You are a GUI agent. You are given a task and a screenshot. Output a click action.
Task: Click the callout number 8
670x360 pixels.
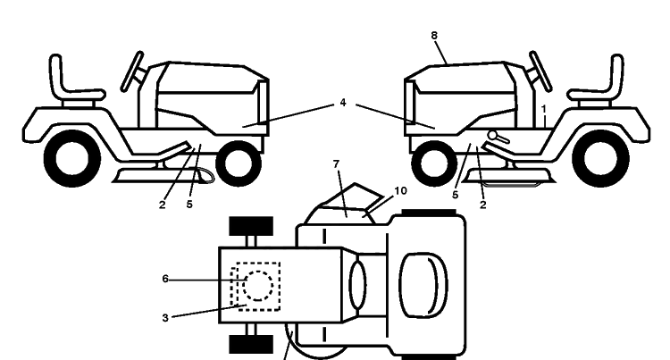[x=434, y=36]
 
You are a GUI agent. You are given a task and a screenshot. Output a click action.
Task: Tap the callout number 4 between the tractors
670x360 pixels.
[x=343, y=103]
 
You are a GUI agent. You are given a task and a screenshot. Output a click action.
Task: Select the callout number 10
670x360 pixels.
[x=400, y=191]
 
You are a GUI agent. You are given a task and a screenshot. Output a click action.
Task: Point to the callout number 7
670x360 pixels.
[x=336, y=164]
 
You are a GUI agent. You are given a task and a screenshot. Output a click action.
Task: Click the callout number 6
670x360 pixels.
[x=165, y=280]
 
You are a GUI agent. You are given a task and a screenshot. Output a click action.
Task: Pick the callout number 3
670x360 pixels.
[x=165, y=318]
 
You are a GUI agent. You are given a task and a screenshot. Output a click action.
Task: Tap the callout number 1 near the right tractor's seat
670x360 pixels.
[x=543, y=109]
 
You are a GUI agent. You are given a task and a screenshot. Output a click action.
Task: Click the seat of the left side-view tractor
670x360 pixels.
[x=72, y=81]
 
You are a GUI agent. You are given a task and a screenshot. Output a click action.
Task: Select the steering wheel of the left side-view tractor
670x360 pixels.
[x=132, y=71]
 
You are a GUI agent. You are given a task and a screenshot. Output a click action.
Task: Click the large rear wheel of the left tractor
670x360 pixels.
[x=72, y=158]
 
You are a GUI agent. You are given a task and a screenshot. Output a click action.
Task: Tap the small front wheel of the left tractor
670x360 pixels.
[x=239, y=163]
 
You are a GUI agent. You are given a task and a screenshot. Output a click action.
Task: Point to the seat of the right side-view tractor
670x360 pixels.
[x=598, y=81]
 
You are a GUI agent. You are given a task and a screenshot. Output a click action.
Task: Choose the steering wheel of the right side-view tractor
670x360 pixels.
[x=540, y=71]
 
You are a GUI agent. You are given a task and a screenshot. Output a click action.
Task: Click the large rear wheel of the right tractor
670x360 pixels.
[x=601, y=158]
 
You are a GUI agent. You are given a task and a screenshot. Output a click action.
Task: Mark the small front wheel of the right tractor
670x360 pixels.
[x=433, y=163]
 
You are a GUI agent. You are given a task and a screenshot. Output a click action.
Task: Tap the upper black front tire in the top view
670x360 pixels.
[x=251, y=226]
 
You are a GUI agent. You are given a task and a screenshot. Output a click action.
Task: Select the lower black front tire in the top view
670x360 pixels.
[x=251, y=344]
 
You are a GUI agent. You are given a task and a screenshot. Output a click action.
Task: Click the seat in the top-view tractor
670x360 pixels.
[x=423, y=285]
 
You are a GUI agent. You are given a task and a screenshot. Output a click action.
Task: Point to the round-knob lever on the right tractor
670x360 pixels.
[x=498, y=137]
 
